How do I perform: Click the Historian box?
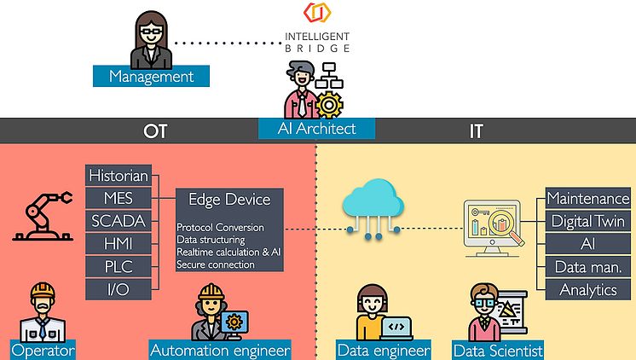[x=119, y=176]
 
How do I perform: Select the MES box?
[x=119, y=199]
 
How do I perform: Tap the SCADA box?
[x=119, y=222]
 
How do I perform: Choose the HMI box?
[x=119, y=245]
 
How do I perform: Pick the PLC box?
[x=119, y=267]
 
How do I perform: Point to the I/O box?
[x=119, y=290]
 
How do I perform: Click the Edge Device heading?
[x=228, y=200]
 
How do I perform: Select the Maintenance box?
[x=587, y=199]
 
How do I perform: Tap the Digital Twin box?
[x=587, y=222]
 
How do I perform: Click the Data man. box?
[x=587, y=267]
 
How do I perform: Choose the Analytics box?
[x=587, y=290]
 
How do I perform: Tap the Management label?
[x=152, y=77]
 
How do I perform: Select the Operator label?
[x=43, y=350]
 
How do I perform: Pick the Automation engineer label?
[x=221, y=350]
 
